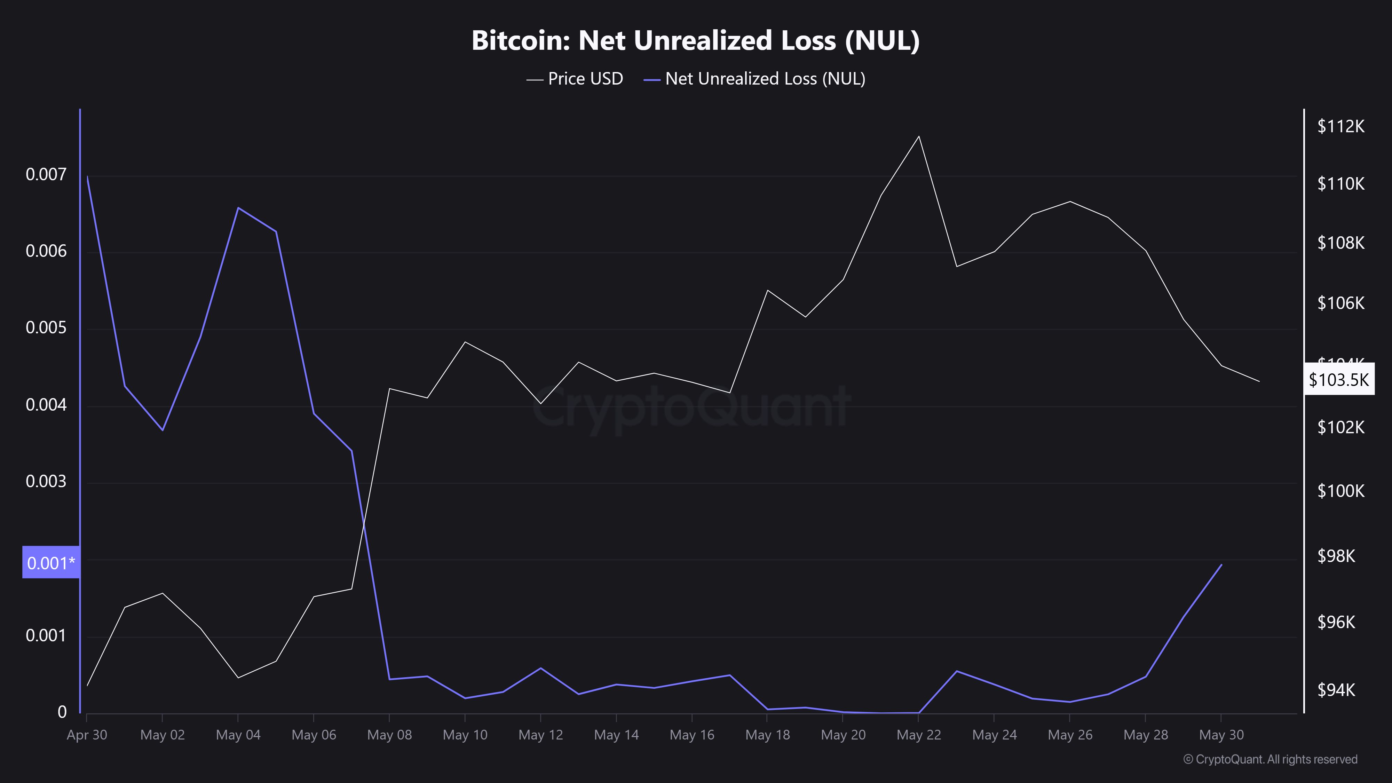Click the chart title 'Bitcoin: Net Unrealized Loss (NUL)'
click(x=695, y=40)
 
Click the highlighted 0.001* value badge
click(x=51, y=562)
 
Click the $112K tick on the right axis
click(x=1340, y=126)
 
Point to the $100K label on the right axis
click(x=1340, y=491)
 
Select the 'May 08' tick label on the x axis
click(x=389, y=735)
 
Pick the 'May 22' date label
click(x=919, y=735)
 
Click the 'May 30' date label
click(x=1221, y=735)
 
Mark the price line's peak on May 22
click(x=919, y=136)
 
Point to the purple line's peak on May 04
click(x=238, y=207)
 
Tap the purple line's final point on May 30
click(x=1221, y=565)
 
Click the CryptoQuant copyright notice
click(x=1270, y=759)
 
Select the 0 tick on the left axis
click(x=62, y=712)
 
